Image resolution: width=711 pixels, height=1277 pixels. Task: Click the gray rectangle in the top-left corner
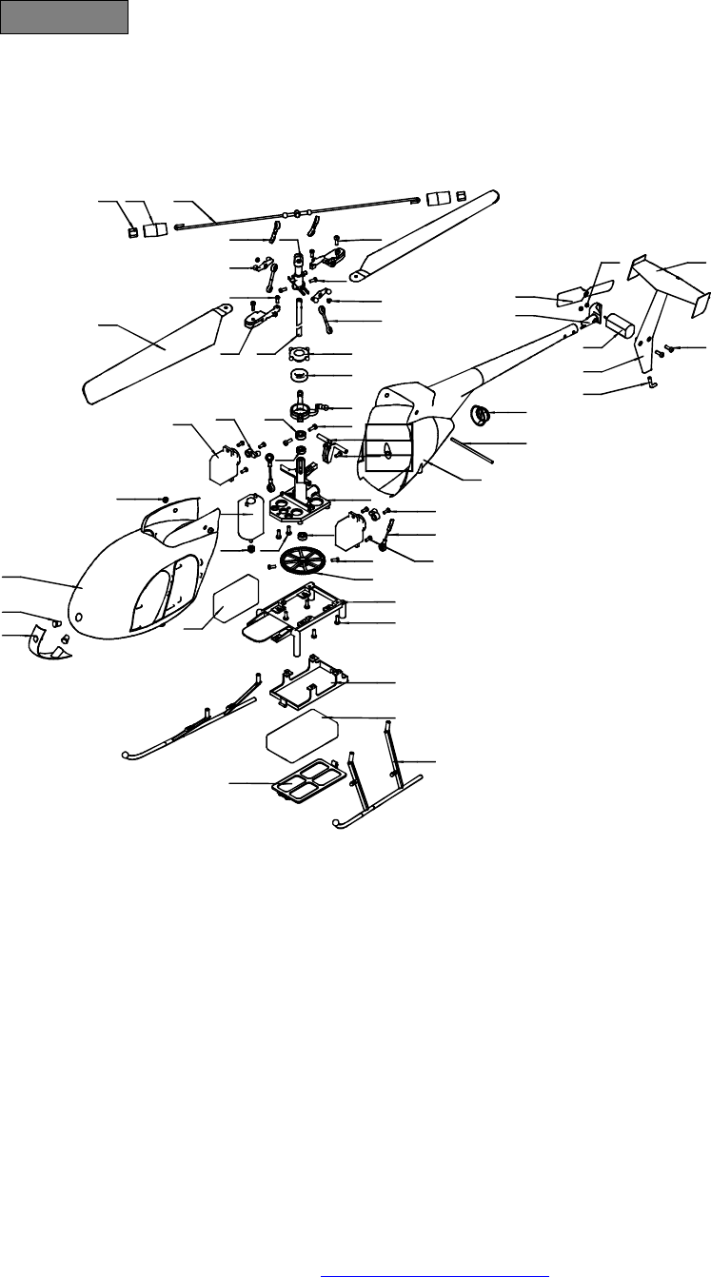[65, 17]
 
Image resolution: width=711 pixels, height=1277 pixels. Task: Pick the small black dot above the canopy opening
[167, 499]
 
